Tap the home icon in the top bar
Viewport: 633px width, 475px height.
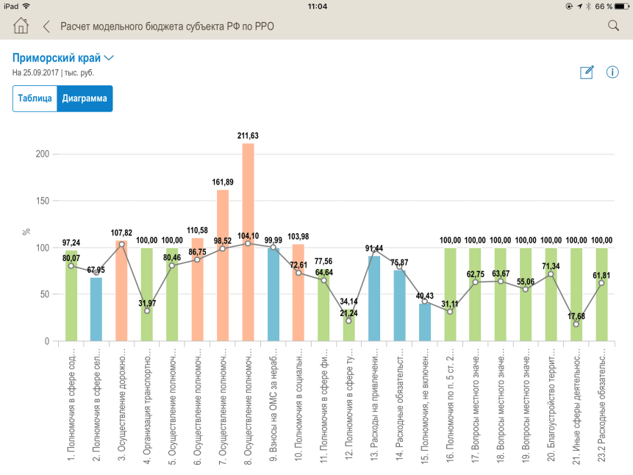[x=21, y=26]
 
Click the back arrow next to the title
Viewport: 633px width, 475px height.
[x=46, y=26]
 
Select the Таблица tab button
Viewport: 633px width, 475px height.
[x=35, y=99]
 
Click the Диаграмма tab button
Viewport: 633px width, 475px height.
[x=85, y=99]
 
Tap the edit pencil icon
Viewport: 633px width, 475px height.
[x=587, y=72]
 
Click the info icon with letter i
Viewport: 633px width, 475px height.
[x=612, y=72]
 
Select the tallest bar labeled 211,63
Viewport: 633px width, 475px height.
[x=248, y=243]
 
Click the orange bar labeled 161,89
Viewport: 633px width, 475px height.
[x=223, y=265]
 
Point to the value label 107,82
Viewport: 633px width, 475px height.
[x=122, y=233]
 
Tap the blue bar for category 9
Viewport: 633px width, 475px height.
[x=273, y=294]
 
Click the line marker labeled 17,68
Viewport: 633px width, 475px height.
[x=576, y=324]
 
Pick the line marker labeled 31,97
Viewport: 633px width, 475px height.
[x=147, y=311]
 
